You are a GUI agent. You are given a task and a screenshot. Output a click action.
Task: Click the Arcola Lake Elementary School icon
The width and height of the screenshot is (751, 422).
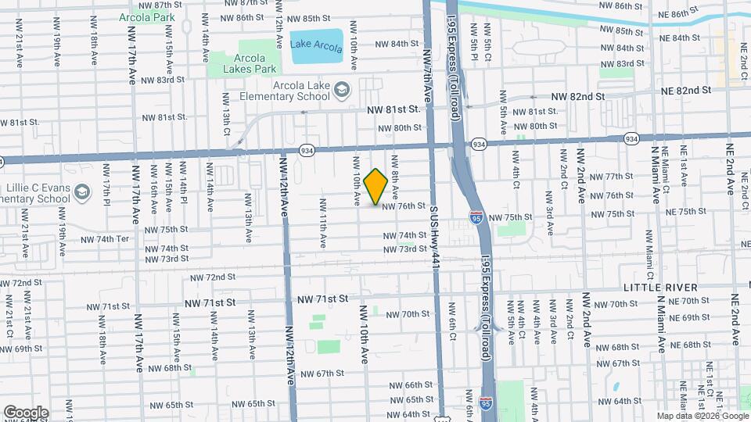pyautogui.click(x=341, y=91)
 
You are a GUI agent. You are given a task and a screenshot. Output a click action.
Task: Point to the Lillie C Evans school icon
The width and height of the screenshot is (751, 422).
pyautogui.click(x=82, y=191)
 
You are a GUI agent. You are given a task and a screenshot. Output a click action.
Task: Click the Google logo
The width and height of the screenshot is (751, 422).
pyautogui.click(x=26, y=412)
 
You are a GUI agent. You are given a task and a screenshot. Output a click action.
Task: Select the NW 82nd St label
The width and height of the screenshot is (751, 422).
pyautogui.click(x=578, y=96)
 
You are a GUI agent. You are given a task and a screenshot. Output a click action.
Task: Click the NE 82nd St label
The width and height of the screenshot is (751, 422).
pyautogui.click(x=685, y=91)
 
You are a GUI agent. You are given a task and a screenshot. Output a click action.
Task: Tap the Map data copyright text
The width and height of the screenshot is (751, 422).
pyautogui.click(x=702, y=416)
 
